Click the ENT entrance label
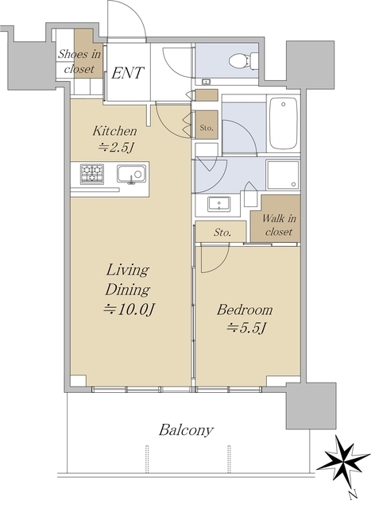pyautogui.click(x=127, y=73)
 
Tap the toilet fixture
pyautogui.click(x=243, y=60)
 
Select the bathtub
pyautogui.click(x=283, y=123)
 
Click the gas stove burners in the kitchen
pyautogui.click(x=92, y=175)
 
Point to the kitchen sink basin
pyautogui.click(x=131, y=175)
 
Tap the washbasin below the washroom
pyautogui.click(x=219, y=204)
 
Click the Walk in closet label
pyautogui.click(x=279, y=225)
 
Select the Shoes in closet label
pyautogui.click(x=79, y=61)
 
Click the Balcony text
pyautogui.click(x=186, y=430)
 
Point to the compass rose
pyautogui.click(x=343, y=460)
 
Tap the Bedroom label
pyautogui.click(x=245, y=310)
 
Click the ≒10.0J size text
pyautogui.click(x=128, y=310)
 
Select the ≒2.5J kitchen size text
pyautogui.click(x=117, y=148)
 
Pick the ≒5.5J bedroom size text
pyautogui.click(x=246, y=329)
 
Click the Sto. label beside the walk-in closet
pyautogui.click(x=222, y=233)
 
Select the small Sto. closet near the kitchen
pyautogui.click(x=207, y=125)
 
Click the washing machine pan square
pyautogui.click(x=283, y=175)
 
